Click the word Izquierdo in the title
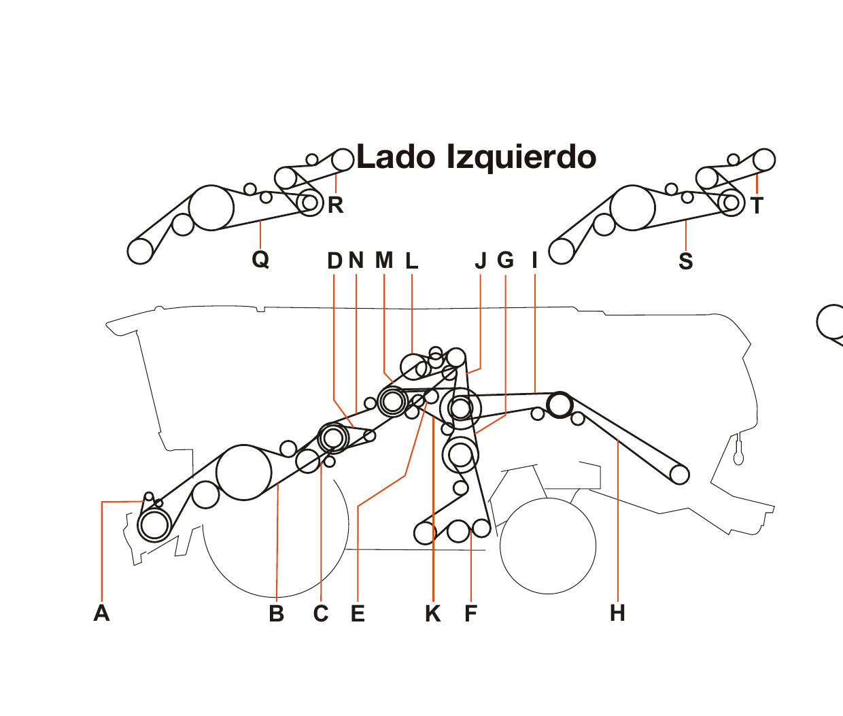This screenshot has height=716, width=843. (x=521, y=157)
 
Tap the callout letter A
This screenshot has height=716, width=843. (x=101, y=613)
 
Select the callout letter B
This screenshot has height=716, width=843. (x=276, y=613)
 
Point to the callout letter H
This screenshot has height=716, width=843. (x=617, y=613)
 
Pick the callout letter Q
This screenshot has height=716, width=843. (x=260, y=259)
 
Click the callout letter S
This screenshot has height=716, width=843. (x=686, y=261)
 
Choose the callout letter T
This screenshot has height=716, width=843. (x=757, y=205)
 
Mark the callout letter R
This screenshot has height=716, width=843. (x=335, y=205)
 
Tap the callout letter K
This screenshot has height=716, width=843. (x=432, y=613)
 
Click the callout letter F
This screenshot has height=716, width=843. (x=470, y=613)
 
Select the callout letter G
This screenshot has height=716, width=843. (x=506, y=260)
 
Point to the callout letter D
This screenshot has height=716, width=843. (x=334, y=260)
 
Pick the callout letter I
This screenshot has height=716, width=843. (x=535, y=260)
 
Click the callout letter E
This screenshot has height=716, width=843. (x=358, y=613)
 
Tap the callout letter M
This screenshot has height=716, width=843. (x=384, y=260)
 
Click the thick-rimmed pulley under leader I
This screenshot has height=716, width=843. (x=560, y=405)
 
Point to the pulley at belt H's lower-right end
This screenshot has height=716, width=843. (x=680, y=474)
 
